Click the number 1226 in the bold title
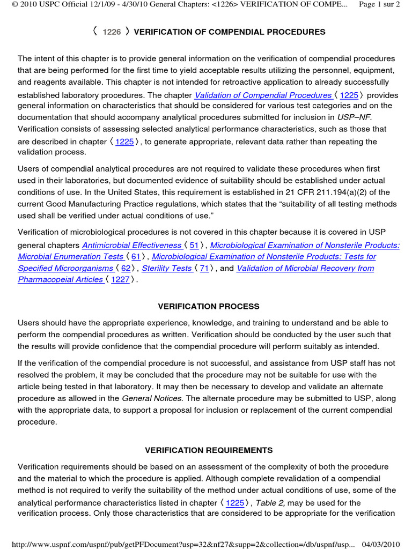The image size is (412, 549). pyautogui.click(x=112, y=32)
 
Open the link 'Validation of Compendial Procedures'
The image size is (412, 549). pyautogui.click(x=263, y=95)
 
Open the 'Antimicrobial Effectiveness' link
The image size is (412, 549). pyautogui.click(x=131, y=245)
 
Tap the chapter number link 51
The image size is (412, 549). pyautogui.click(x=194, y=245)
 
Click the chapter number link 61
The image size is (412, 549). pyautogui.click(x=136, y=257)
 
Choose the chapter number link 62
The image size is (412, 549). pyautogui.click(x=126, y=268)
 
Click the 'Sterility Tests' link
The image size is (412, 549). pyautogui.click(x=166, y=268)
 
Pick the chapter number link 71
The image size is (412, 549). pyautogui.click(x=204, y=268)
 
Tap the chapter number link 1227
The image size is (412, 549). pyautogui.click(x=120, y=280)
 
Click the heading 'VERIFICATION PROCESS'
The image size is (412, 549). pyautogui.click(x=209, y=307)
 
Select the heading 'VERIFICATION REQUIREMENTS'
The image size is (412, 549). pyautogui.click(x=209, y=450)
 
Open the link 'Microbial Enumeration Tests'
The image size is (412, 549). pyautogui.click(x=70, y=257)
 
